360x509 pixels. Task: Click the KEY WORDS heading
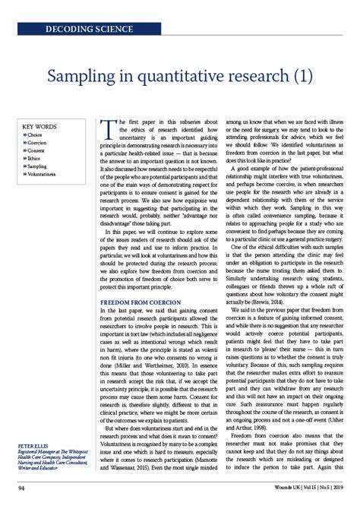(39, 126)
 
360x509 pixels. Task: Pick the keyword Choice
(36, 134)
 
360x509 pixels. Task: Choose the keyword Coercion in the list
(38, 142)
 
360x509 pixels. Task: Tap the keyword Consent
(37, 150)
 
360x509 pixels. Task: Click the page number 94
(23, 496)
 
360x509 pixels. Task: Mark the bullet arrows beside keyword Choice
(25, 134)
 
